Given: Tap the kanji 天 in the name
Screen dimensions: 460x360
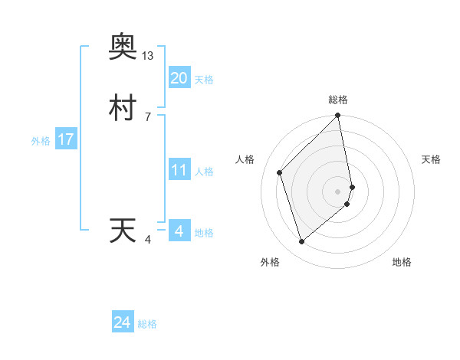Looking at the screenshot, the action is (x=123, y=231).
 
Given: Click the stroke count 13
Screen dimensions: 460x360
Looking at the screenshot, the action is (x=148, y=56).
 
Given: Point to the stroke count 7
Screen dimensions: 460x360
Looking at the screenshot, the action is (x=148, y=117).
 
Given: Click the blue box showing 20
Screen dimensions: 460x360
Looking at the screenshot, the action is (x=179, y=78).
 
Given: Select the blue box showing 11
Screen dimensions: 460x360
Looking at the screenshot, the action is (x=179, y=170).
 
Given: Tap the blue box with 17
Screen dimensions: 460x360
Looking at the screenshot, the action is (x=65, y=139).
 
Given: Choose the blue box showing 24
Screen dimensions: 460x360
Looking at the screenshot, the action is (x=122, y=323).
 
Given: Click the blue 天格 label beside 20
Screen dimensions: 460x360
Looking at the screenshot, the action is (x=204, y=80).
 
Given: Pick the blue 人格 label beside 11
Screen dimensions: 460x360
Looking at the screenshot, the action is (x=204, y=172).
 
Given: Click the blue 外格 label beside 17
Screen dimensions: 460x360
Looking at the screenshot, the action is (x=41, y=141).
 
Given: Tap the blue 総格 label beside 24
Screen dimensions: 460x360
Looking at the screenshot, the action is (x=147, y=325).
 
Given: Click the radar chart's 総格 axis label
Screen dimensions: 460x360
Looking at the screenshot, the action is (x=338, y=100).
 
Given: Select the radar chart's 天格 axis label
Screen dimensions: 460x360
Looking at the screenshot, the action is (x=432, y=159).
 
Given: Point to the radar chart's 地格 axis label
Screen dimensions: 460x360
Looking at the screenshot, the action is (x=402, y=262).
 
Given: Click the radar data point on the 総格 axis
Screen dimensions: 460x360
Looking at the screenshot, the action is (x=338, y=116).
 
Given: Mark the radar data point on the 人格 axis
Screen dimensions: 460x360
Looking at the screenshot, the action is (x=280, y=172).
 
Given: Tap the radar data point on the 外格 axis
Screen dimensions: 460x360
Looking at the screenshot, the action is (x=302, y=241).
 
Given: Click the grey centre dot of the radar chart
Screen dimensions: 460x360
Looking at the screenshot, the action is (x=338, y=191).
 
